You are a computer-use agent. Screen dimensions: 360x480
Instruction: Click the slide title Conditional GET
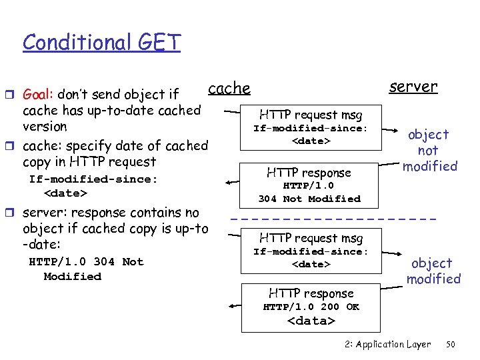tap(101, 42)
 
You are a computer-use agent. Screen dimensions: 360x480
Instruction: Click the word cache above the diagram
tap(229, 88)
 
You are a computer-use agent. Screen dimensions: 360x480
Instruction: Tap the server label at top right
tap(413, 86)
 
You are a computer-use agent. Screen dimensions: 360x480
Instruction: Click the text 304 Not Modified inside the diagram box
tap(309, 199)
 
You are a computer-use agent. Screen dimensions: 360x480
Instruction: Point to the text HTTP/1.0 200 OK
tap(311, 307)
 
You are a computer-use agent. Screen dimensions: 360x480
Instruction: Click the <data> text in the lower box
tap(311, 321)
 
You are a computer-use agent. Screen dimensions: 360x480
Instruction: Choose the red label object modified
tap(434, 271)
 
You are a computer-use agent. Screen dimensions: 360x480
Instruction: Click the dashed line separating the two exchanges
tap(333, 219)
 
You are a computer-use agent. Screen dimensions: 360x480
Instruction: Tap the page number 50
tap(450, 345)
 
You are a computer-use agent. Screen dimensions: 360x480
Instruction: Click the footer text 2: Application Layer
tap(388, 345)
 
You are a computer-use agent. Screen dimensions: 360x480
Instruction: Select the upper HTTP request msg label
tap(311, 115)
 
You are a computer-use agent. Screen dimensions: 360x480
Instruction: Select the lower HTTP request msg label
tap(311, 237)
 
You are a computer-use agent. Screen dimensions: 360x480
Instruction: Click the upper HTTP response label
tap(309, 172)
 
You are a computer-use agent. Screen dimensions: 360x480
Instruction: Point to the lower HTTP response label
tap(311, 293)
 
